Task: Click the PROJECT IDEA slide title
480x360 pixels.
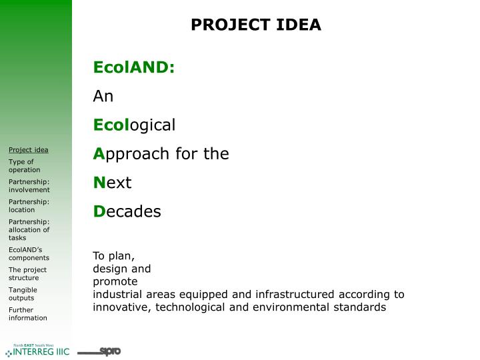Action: (x=255, y=25)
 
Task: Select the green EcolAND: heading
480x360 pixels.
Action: (x=133, y=67)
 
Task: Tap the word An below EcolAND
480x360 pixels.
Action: (x=103, y=96)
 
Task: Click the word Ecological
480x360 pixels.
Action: (x=134, y=125)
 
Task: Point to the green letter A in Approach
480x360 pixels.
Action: (x=98, y=154)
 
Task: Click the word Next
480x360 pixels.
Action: (x=112, y=183)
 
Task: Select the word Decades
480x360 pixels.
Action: (x=127, y=212)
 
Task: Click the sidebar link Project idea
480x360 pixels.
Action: (x=28, y=149)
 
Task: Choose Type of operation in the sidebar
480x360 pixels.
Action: (x=24, y=165)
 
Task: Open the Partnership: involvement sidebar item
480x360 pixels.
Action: (x=29, y=185)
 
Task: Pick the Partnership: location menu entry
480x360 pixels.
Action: (x=29, y=205)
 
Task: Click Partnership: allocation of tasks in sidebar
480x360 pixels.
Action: (x=29, y=229)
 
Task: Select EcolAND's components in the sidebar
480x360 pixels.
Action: (x=29, y=253)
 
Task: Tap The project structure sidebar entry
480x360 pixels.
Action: (x=27, y=273)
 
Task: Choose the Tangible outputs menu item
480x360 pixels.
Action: (x=23, y=293)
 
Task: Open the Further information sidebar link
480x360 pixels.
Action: (x=27, y=313)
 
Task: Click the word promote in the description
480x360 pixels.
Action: (x=115, y=281)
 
